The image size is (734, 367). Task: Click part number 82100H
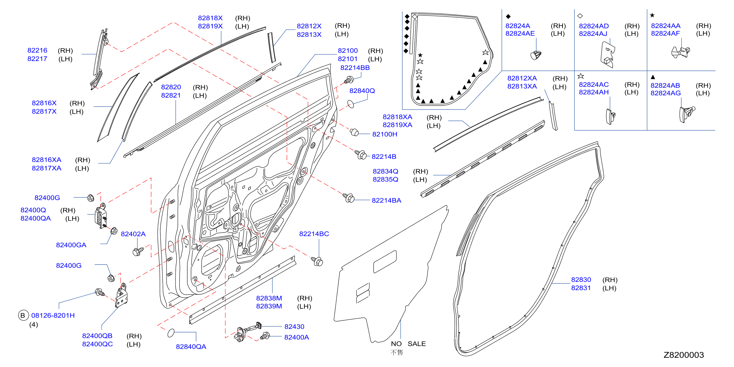384,134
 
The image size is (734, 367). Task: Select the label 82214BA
386,201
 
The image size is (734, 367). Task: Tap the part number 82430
294,327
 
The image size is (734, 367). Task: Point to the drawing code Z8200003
683,355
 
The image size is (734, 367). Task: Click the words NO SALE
408,344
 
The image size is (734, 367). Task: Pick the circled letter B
23,315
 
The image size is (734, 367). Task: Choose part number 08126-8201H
53,316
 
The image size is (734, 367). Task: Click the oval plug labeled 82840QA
171,333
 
